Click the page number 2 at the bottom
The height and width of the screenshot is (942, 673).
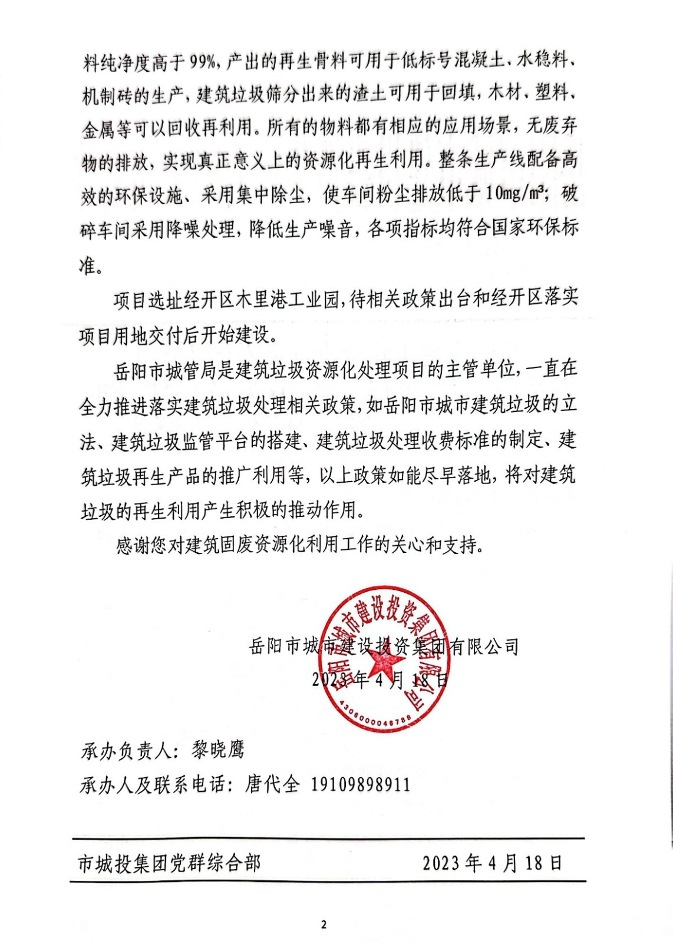click(x=324, y=924)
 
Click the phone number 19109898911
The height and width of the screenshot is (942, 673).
click(x=360, y=785)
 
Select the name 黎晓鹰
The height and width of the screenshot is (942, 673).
click(x=217, y=750)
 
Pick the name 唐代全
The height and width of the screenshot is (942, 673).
click(x=272, y=785)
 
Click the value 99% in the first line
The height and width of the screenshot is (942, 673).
click(x=204, y=61)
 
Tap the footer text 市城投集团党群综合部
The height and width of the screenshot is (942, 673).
click(x=169, y=864)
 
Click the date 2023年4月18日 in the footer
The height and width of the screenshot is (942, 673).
click(x=493, y=863)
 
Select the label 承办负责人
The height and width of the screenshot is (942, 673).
click(x=126, y=751)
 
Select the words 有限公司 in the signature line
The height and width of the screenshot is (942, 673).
click(x=484, y=647)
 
